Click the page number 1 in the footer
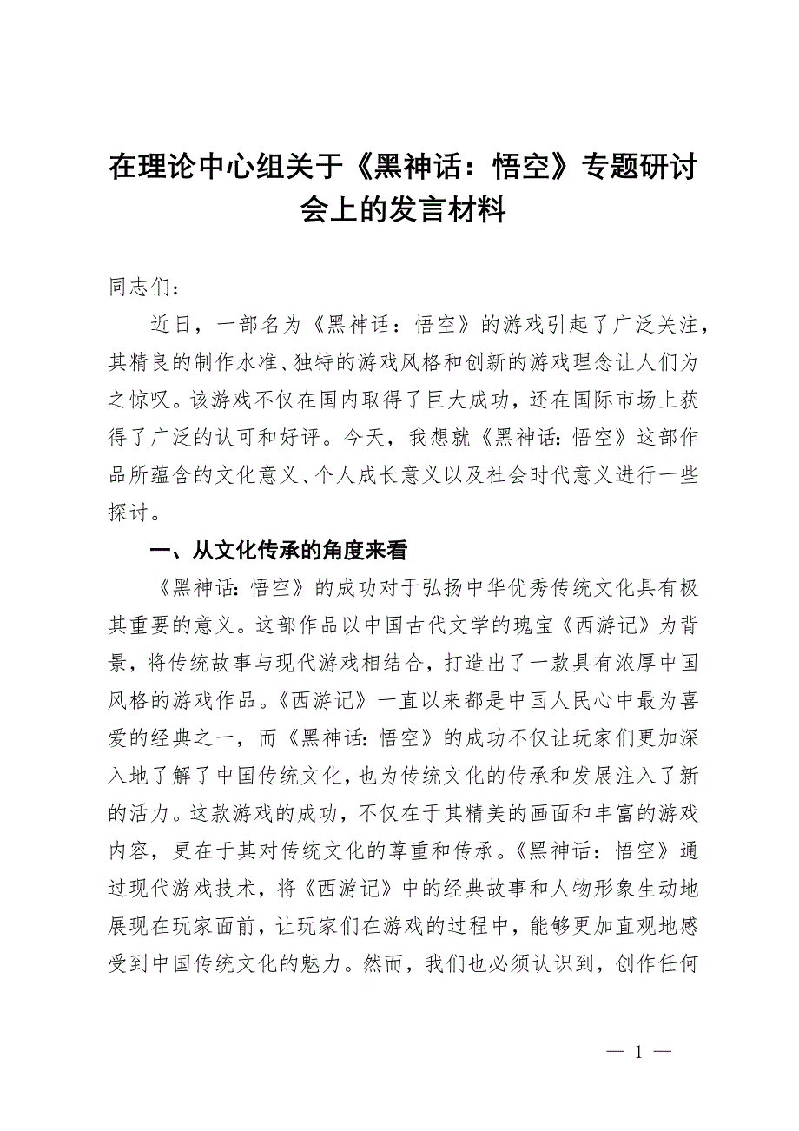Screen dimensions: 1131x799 638,1052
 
